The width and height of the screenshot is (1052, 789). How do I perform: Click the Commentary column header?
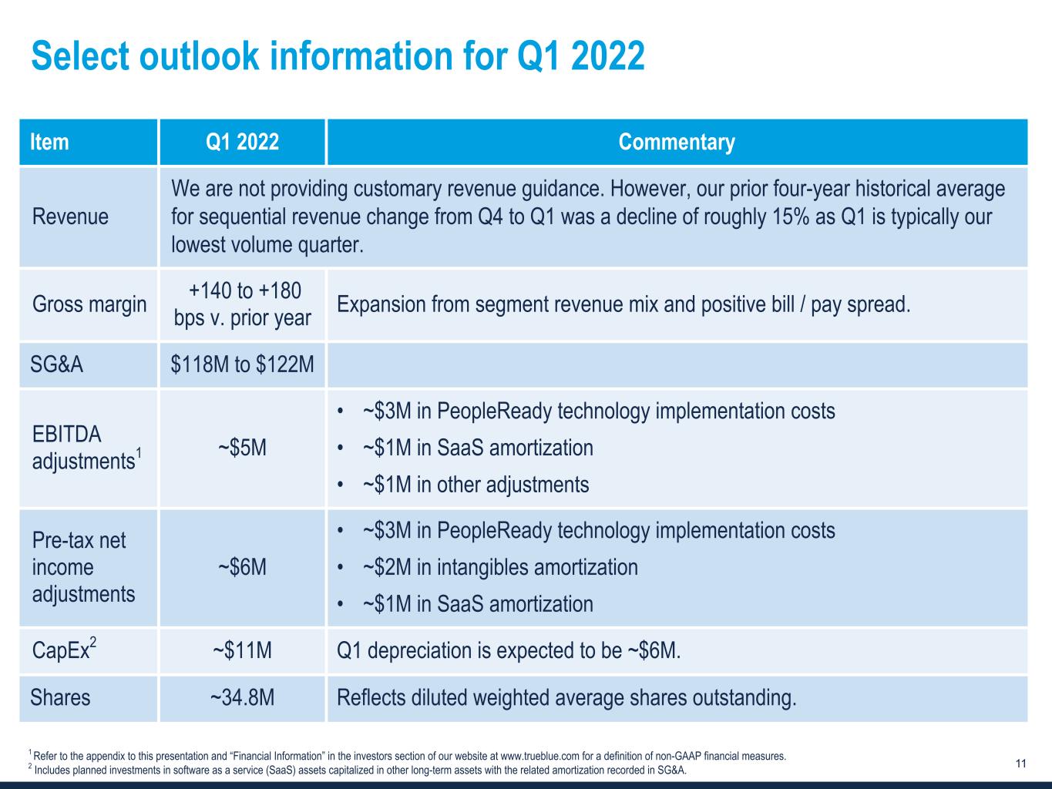[x=676, y=143]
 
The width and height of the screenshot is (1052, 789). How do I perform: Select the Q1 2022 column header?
[x=242, y=143]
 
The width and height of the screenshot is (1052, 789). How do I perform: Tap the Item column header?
[x=49, y=143]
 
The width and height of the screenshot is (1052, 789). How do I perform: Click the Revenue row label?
[x=70, y=217]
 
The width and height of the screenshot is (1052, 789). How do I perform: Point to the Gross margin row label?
[x=89, y=304]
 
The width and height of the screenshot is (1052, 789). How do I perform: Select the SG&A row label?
[x=56, y=364]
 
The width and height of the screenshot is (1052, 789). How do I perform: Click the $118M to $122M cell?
[x=242, y=364]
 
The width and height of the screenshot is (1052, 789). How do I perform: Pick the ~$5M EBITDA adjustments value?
[x=242, y=448]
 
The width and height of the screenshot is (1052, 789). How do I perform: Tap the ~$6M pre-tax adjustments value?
[x=242, y=567]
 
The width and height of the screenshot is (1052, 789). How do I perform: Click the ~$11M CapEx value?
[x=242, y=650]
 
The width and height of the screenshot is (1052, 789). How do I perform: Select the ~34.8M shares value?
[x=242, y=697]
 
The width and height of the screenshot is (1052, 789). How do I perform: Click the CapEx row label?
[x=64, y=649]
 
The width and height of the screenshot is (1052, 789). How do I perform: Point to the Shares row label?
[x=60, y=697]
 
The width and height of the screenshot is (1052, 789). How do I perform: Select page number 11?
[x=1021, y=763]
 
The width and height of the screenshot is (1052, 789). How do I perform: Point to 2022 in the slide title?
[x=608, y=56]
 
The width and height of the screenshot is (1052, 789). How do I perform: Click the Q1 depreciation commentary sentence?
[x=509, y=650]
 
